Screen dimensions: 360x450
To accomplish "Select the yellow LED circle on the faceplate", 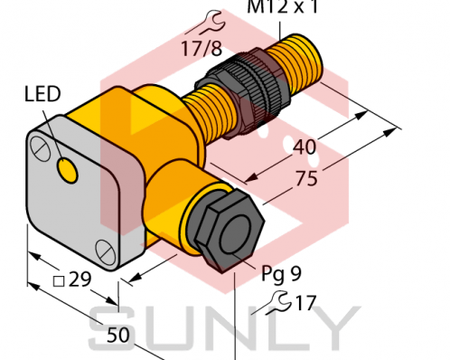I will tap(68, 167).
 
